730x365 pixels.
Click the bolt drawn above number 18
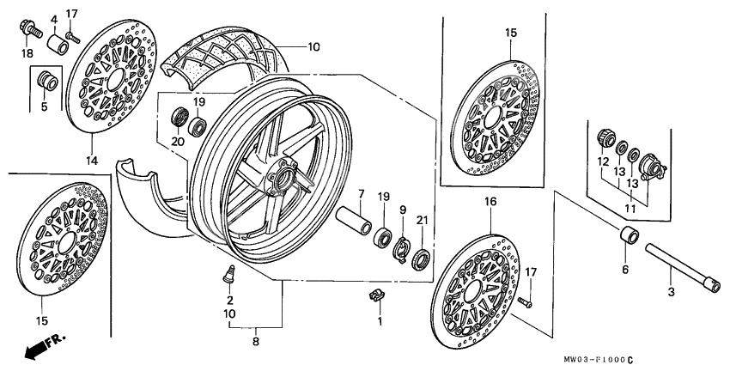31,28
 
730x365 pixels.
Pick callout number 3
672,292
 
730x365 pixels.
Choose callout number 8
229,340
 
